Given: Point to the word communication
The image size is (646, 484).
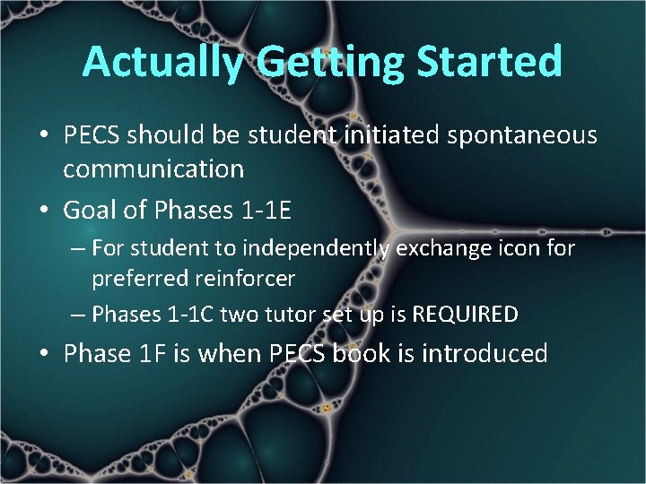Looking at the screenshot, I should tap(153, 169).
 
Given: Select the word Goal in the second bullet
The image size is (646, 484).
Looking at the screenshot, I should tap(92, 210).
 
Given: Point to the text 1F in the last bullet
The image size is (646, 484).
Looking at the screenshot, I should tap(151, 354).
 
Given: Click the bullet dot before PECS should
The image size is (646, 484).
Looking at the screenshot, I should tap(44, 136).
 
